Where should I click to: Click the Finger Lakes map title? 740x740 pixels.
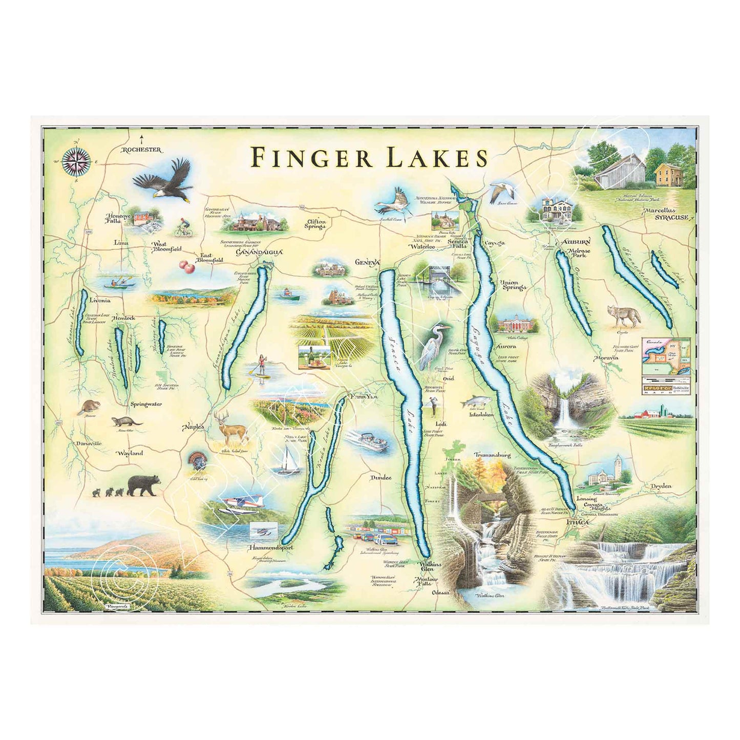[369, 158]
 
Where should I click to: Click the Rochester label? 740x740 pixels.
[141, 150]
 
